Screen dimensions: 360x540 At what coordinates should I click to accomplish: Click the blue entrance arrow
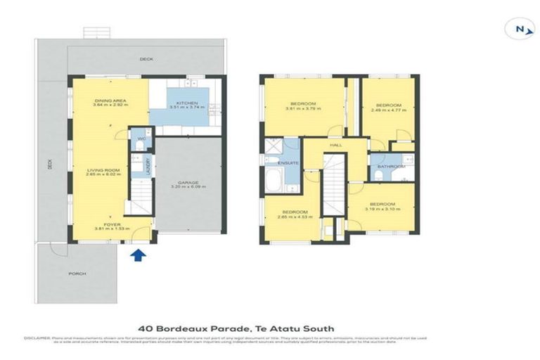coord(138,255)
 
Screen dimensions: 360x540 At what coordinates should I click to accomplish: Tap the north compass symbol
coord(519,29)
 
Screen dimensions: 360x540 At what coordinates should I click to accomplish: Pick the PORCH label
coord(77,274)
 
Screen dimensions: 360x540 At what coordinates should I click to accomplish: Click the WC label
coord(141,139)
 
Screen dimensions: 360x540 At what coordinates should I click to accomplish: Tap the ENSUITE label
coord(288,163)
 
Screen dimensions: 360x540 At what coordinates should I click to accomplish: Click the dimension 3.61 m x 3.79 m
coord(303,109)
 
